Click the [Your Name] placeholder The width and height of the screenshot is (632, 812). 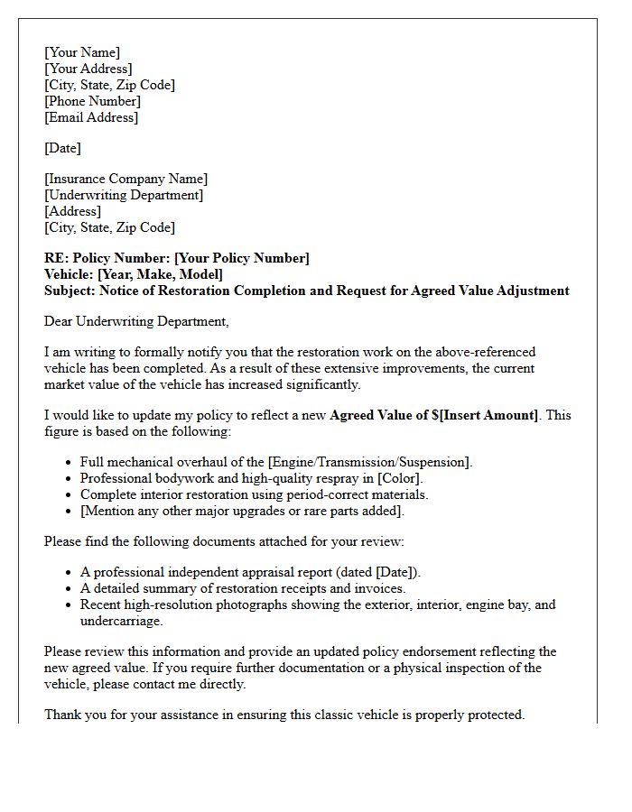(x=82, y=52)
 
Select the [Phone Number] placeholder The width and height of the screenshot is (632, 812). (x=92, y=101)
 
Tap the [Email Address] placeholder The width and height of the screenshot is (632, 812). (x=91, y=117)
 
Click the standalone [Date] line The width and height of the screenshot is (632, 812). (x=62, y=148)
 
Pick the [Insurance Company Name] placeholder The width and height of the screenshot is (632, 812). (x=125, y=179)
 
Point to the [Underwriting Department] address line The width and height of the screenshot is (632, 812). (x=124, y=195)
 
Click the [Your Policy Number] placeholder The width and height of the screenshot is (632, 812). (x=241, y=258)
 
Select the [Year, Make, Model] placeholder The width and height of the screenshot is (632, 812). (x=160, y=274)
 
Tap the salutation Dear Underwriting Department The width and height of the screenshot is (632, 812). (x=136, y=321)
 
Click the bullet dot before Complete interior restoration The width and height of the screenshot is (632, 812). (x=70, y=495)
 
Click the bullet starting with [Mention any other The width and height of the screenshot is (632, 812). (x=242, y=511)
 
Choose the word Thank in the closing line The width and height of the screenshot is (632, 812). (x=62, y=715)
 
